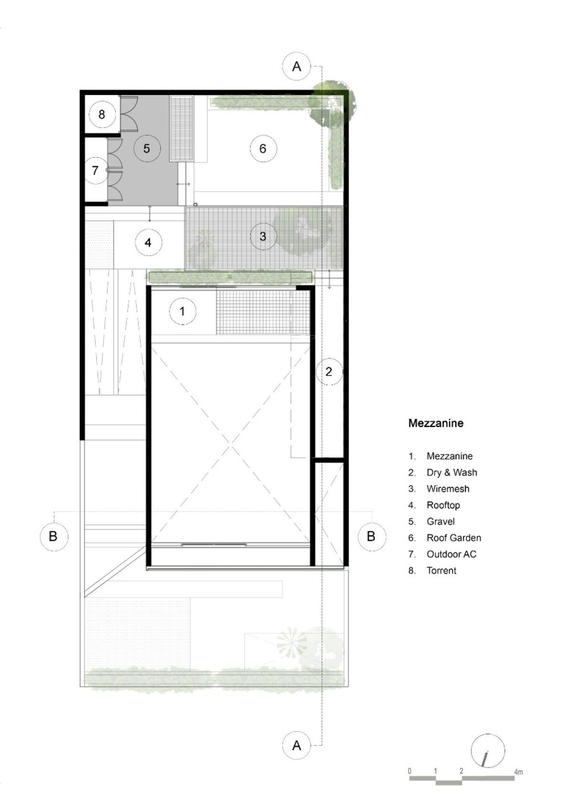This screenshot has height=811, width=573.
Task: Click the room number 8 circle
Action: [x=102, y=114]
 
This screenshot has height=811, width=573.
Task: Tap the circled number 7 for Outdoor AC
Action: [x=95, y=170]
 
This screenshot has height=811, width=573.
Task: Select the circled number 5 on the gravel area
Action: [x=147, y=149]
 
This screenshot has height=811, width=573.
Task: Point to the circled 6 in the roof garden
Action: [x=263, y=149]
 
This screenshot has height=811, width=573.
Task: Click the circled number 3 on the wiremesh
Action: [x=263, y=237]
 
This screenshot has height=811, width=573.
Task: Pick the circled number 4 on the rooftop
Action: [x=149, y=243]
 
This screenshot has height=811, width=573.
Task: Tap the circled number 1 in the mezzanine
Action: [x=183, y=311]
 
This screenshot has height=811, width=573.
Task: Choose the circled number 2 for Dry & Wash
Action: [x=329, y=371]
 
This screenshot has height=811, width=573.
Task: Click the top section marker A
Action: [x=297, y=66]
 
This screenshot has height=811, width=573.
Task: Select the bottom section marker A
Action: [x=297, y=745]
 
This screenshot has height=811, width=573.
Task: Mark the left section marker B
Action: [x=54, y=536]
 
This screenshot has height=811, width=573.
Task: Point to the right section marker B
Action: [x=371, y=536]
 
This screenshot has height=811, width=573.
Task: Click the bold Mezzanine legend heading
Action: [x=436, y=423]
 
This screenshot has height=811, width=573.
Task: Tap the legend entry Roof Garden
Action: [x=454, y=538]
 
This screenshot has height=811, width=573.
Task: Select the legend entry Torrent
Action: [x=442, y=571]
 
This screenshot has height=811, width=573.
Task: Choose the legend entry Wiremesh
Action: [x=448, y=489]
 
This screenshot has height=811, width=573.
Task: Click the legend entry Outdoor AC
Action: [x=452, y=554]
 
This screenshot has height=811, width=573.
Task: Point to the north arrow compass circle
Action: [x=488, y=750]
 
